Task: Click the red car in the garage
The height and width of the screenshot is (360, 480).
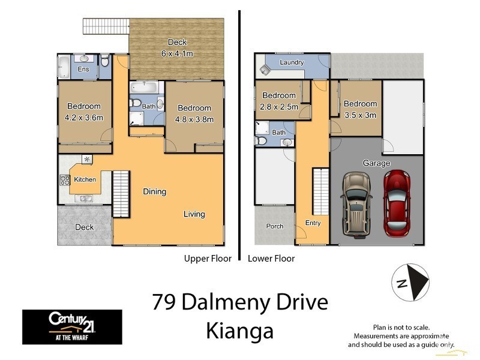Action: (395, 203)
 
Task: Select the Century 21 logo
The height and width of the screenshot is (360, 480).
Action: (72, 326)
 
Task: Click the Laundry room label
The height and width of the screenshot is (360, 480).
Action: (292, 62)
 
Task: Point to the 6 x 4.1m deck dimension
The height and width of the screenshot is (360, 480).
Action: (177, 53)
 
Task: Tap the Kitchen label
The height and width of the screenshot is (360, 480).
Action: (85, 179)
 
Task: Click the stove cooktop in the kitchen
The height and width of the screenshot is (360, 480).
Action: (65, 179)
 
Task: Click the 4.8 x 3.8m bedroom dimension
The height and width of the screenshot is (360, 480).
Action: (194, 119)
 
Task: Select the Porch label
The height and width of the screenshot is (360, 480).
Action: (275, 226)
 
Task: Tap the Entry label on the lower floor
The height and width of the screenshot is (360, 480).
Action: (313, 223)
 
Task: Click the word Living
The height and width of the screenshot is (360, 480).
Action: (194, 214)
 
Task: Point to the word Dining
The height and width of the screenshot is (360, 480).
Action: (154, 192)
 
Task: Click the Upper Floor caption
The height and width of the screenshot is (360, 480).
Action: (207, 259)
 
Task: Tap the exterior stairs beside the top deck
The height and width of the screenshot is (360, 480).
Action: (106, 27)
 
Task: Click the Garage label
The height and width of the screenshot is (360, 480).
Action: (376, 163)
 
